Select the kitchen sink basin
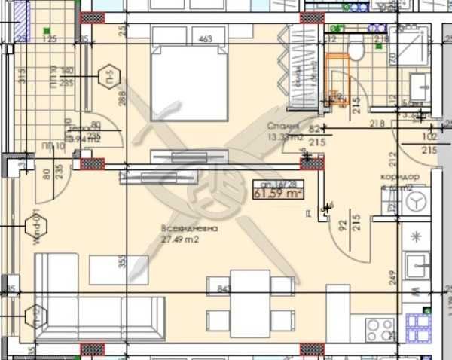[x=416, y=266]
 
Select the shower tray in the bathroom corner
[x=410, y=47]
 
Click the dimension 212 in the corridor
[x=392, y=158]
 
